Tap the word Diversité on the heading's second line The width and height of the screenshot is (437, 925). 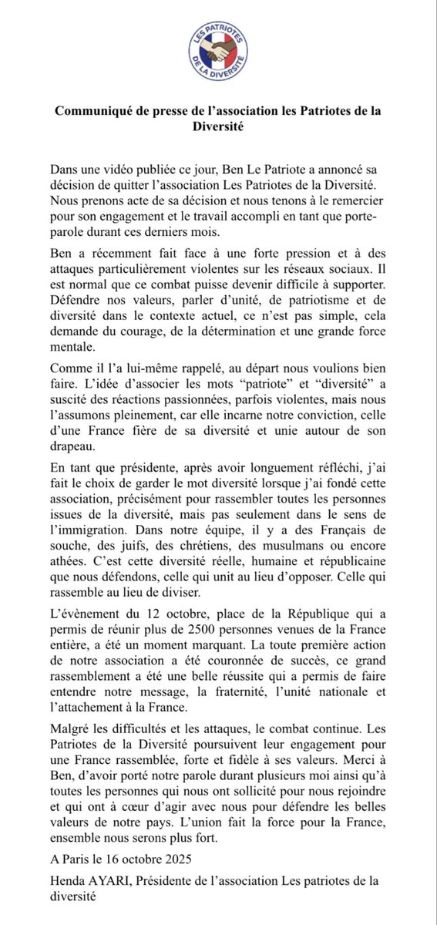219,127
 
